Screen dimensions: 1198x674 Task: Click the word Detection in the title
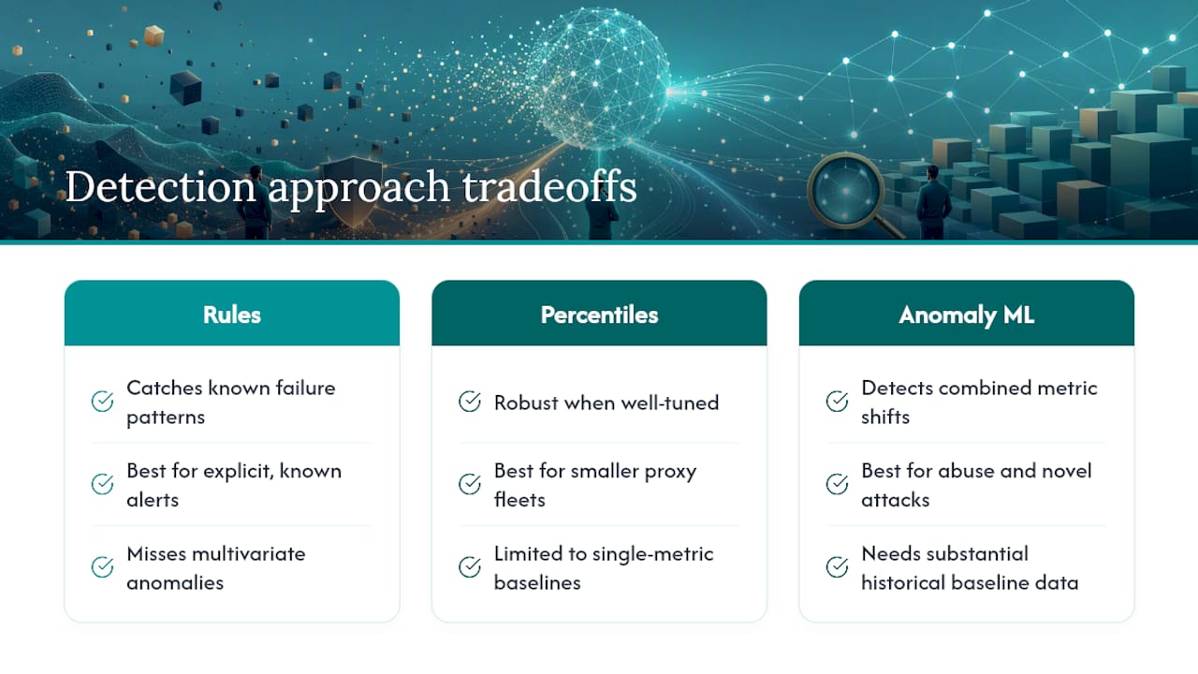(x=160, y=186)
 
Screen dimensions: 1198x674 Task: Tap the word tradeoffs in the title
(x=549, y=186)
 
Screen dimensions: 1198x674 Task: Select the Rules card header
(x=231, y=314)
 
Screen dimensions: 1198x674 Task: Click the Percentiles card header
(x=599, y=314)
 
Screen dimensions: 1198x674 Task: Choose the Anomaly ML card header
(x=967, y=314)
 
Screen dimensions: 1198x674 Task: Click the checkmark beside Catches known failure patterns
(x=102, y=402)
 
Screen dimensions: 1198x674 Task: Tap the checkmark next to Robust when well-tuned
(x=470, y=402)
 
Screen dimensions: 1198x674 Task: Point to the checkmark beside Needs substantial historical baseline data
(x=837, y=567)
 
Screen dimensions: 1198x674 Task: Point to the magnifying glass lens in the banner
(x=845, y=191)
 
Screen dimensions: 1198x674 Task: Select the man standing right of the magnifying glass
(x=933, y=202)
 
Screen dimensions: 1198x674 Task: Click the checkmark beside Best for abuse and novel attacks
(x=837, y=484)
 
